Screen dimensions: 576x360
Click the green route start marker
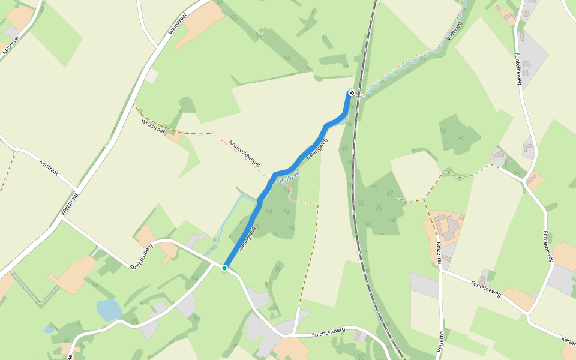224,268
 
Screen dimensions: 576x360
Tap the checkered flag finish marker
351,92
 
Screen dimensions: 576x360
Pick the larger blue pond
109,310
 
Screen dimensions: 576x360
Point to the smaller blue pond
49,329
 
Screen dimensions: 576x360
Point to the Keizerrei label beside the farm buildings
440,253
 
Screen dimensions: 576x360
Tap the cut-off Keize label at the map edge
568,341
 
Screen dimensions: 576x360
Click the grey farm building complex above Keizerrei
447,228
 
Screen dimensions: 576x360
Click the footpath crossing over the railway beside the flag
359,95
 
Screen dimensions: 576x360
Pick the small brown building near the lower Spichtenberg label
360,336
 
